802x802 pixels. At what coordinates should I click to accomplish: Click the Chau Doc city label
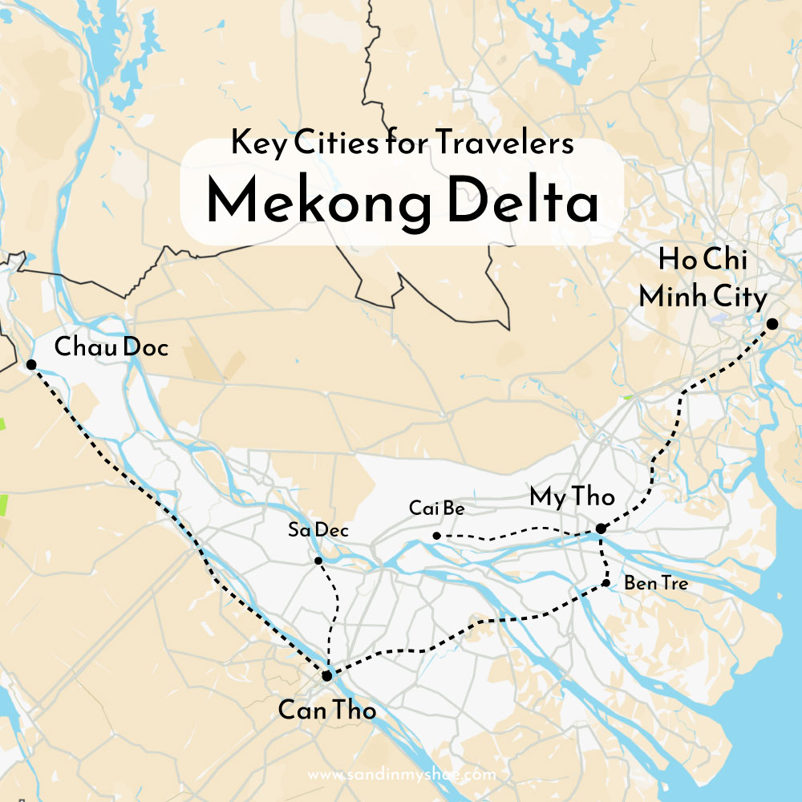point(111,347)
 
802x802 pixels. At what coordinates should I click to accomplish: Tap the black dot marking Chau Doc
point(30,365)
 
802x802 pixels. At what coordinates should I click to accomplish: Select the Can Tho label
point(326,709)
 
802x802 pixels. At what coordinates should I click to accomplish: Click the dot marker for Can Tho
point(328,677)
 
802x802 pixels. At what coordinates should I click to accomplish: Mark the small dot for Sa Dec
point(318,560)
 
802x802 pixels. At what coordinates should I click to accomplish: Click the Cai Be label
point(436,508)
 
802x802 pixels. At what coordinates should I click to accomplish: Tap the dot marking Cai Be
point(436,536)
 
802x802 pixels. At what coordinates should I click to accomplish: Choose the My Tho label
point(572,497)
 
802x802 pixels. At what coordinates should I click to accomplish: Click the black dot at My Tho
point(601,529)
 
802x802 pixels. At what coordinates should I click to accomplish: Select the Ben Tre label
point(656,584)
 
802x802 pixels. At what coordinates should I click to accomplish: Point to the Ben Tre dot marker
point(607,584)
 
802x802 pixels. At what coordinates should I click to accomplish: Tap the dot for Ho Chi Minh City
point(772,324)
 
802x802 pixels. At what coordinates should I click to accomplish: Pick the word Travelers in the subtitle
point(505,144)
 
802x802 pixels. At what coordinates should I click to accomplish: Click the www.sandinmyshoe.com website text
point(401,775)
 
